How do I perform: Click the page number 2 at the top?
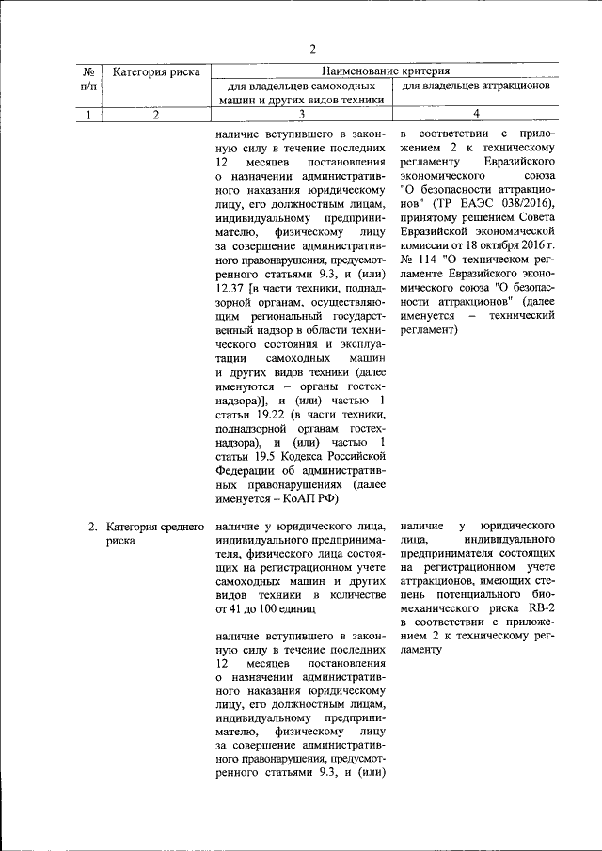click(x=313, y=48)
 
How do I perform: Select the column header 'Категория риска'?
click(x=154, y=71)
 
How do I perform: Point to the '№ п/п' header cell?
click(x=87, y=78)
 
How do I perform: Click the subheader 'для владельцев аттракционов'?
click(x=475, y=86)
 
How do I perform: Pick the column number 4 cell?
click(x=477, y=115)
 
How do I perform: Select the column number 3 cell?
click(x=302, y=115)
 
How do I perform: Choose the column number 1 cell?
click(x=87, y=115)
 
